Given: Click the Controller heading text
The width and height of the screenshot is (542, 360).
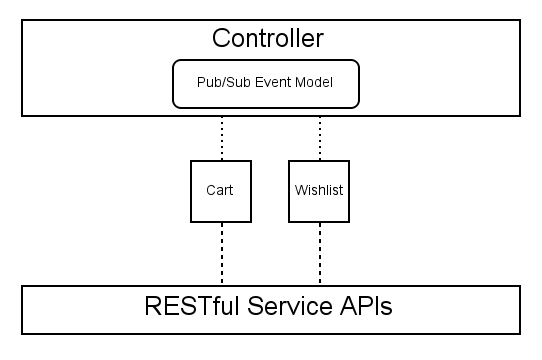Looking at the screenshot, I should coord(268,40).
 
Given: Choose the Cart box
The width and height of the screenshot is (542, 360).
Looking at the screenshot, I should coord(220,190).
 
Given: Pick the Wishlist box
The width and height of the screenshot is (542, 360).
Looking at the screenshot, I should coord(319,190).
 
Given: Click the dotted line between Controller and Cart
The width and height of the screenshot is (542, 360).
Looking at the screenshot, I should coord(221,138).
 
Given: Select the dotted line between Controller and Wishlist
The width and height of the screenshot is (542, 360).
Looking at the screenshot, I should coord(319,138).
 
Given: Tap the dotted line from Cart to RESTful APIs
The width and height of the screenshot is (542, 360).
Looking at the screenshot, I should coord(221,253).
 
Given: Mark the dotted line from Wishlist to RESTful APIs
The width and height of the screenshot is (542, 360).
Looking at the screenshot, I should coord(319,253).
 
